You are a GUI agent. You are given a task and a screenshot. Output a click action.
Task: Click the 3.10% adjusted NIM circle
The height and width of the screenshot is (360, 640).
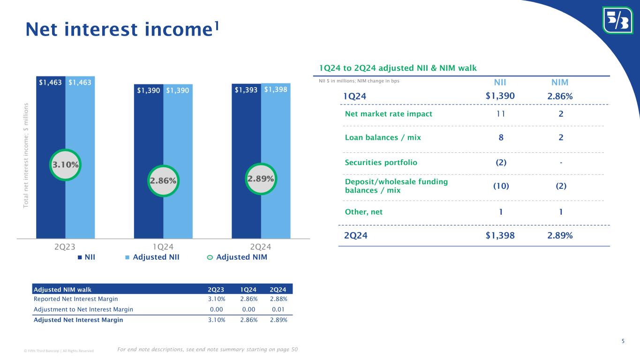(x=65, y=165)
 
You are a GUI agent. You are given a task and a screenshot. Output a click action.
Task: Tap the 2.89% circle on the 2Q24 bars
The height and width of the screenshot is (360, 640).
(x=261, y=179)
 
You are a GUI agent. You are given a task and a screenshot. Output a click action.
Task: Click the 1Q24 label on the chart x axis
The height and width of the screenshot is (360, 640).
(x=163, y=247)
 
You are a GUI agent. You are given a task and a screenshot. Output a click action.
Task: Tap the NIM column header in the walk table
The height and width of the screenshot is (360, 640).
(x=560, y=82)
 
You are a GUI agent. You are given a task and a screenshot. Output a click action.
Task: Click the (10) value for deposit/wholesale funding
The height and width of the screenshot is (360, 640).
(x=501, y=186)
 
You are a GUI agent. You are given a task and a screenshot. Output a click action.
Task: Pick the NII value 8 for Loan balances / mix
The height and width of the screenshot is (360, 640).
(x=501, y=138)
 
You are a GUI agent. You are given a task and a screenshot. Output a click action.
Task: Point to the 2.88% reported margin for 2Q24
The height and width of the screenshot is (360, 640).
(x=279, y=299)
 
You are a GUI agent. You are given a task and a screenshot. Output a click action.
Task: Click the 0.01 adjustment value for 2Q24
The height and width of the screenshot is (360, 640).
(x=280, y=309)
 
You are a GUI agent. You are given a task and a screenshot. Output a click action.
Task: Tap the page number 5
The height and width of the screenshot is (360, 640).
(x=623, y=341)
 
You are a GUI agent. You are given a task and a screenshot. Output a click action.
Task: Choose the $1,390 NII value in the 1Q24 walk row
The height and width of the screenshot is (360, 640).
(x=501, y=96)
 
